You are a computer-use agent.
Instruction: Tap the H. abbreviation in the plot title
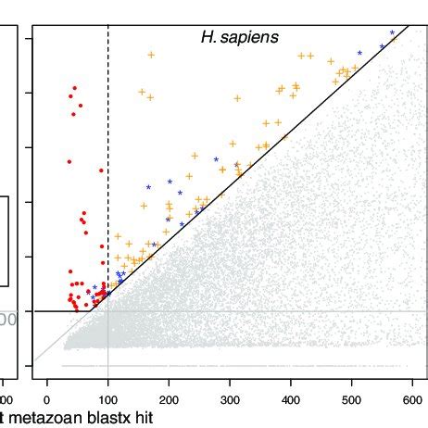point(209,37)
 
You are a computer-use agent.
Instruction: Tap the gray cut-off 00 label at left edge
point(7,320)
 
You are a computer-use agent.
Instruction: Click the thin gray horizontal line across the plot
point(278,311)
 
